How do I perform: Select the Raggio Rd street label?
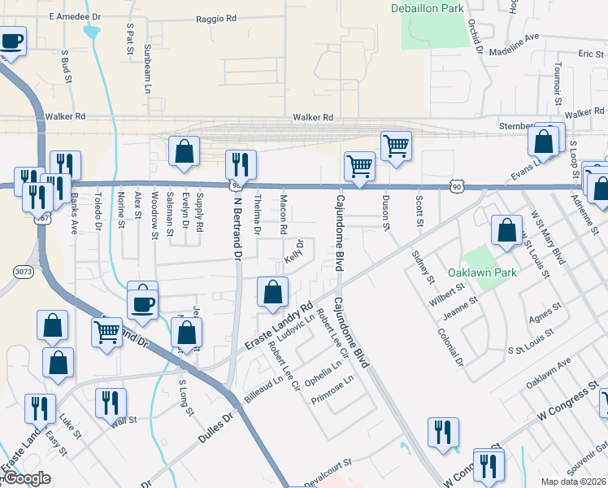point(219,17)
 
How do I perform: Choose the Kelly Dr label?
point(295,251)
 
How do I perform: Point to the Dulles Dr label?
point(215,428)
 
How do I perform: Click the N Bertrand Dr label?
point(239,229)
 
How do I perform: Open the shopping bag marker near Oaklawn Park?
point(506,230)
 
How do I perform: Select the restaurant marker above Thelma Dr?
point(240,164)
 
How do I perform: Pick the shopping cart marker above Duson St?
point(396,146)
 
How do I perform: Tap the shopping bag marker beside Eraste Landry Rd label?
point(273,291)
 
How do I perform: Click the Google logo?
point(27,478)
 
